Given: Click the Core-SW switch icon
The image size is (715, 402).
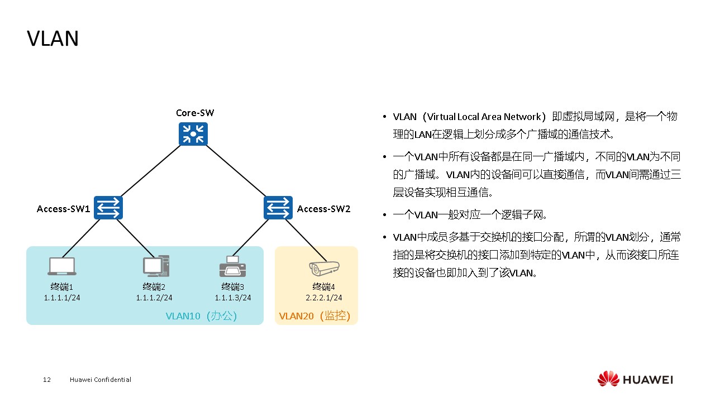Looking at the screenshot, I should tap(193, 134).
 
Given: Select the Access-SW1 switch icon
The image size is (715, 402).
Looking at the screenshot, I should tap(108, 208).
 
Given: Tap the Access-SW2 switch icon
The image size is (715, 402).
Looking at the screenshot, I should tap(278, 208).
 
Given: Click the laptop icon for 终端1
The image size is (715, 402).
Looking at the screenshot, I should tap(61, 267).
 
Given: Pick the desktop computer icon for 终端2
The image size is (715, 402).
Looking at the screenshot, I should tap(155, 266).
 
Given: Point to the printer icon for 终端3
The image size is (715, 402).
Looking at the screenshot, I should tap(232, 266).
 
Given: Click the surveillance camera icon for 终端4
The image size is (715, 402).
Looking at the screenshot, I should tap(324, 268).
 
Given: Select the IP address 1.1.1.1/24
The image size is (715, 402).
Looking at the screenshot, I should tap(62, 298).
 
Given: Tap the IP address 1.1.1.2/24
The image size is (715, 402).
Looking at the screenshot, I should tap(154, 298).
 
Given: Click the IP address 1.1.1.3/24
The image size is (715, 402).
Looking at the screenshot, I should tap(233, 298).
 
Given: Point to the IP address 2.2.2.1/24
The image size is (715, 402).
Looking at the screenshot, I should tap(324, 298).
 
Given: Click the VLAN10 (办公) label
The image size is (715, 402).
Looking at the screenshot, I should tap(202, 316).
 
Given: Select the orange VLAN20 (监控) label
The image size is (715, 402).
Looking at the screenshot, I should tap(314, 316).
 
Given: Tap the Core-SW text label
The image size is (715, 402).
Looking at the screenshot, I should tap(195, 113).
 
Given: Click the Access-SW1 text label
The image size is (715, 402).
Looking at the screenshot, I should tap(64, 209).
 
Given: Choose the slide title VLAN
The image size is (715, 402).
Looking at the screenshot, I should tap(53, 39).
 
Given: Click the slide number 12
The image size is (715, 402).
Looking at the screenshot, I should tap(47, 380).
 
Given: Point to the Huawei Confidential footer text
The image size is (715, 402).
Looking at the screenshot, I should tap(101, 380).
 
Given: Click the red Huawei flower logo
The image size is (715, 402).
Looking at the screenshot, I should tap(608, 379).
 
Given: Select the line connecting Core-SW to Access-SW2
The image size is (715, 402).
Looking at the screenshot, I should tap(236, 171).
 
